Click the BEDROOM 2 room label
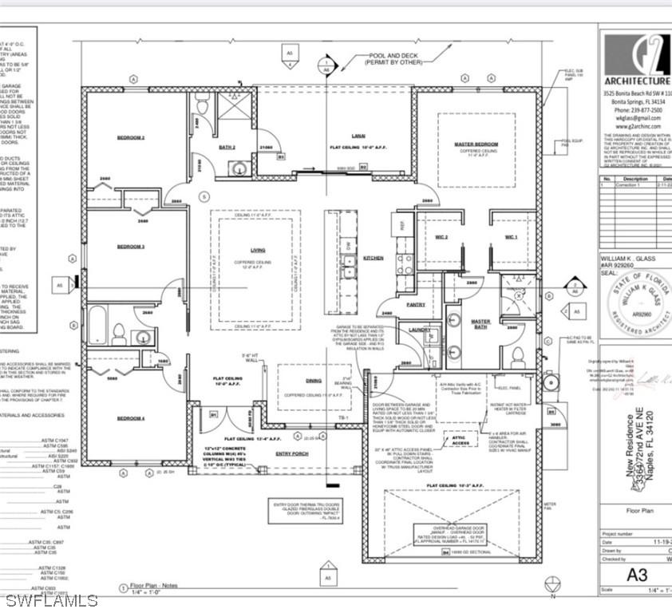pyautogui.click(x=131, y=138)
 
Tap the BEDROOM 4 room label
pyautogui.click(x=131, y=418)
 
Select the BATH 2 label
pyautogui.click(x=227, y=147)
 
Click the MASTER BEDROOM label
pyautogui.click(x=476, y=144)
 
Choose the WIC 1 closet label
pyautogui.click(x=512, y=237)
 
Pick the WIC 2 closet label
pyautogui.click(x=441, y=237)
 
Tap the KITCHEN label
pyautogui.click(x=374, y=258)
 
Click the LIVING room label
pyautogui.click(x=257, y=251)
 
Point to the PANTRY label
pyautogui.click(x=415, y=304)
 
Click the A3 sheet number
pyautogui.click(x=636, y=575)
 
